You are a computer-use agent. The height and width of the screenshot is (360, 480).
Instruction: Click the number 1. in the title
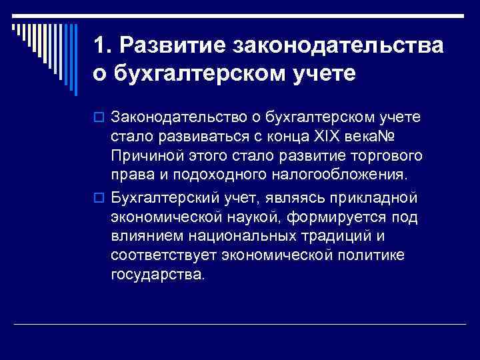[103, 47]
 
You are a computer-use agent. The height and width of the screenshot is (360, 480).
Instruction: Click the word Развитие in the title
[172, 47]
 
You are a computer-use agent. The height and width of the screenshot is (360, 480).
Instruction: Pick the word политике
[377, 255]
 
